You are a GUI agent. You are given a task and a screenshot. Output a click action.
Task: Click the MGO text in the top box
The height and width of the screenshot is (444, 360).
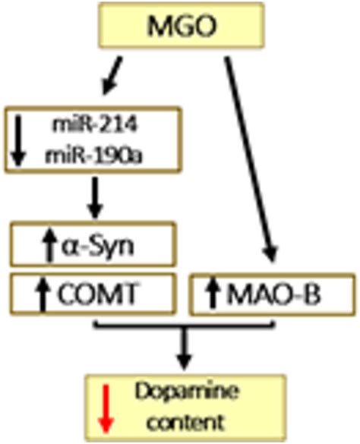pyautogui.click(x=182, y=26)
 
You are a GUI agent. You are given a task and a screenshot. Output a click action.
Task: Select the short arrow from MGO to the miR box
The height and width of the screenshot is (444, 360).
pyautogui.click(x=112, y=75)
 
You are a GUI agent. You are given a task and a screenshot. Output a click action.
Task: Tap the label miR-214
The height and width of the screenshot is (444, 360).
pyautogui.click(x=94, y=124)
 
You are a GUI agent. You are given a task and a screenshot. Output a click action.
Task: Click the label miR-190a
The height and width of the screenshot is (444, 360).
pyautogui.click(x=93, y=156)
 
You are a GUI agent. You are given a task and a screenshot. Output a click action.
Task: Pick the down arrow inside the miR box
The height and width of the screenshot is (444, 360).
pyautogui.click(x=18, y=142)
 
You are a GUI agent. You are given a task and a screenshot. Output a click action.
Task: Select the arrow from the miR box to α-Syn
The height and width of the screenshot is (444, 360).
pyautogui.click(x=95, y=197)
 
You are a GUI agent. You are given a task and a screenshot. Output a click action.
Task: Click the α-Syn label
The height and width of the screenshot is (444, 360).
pyautogui.click(x=97, y=246)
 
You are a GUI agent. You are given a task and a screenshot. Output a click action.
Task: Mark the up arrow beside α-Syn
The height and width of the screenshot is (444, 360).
pyautogui.click(x=49, y=244)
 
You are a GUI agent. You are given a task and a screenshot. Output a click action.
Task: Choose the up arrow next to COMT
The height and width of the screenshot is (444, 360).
pyautogui.click(x=43, y=294)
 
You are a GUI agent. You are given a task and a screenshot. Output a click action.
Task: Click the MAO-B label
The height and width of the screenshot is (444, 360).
pyautogui.click(x=273, y=294)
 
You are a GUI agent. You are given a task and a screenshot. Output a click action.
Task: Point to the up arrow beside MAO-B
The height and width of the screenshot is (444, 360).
pyautogui.click(x=213, y=293)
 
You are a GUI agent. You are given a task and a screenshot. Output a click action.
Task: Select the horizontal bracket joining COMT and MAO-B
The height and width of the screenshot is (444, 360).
pyautogui.click(x=185, y=326)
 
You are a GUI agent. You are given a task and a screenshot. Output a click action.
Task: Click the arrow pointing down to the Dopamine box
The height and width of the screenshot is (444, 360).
pyautogui.click(x=185, y=349)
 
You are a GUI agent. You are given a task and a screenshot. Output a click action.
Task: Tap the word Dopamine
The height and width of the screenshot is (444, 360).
pyautogui.click(x=186, y=392)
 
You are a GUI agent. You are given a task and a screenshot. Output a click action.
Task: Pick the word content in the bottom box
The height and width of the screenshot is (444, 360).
pyautogui.click(x=186, y=422)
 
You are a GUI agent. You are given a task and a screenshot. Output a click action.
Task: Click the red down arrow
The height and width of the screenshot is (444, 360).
pyautogui.click(x=106, y=408)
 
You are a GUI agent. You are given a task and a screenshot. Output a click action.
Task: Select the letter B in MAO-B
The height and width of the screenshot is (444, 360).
pyautogui.click(x=313, y=294)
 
